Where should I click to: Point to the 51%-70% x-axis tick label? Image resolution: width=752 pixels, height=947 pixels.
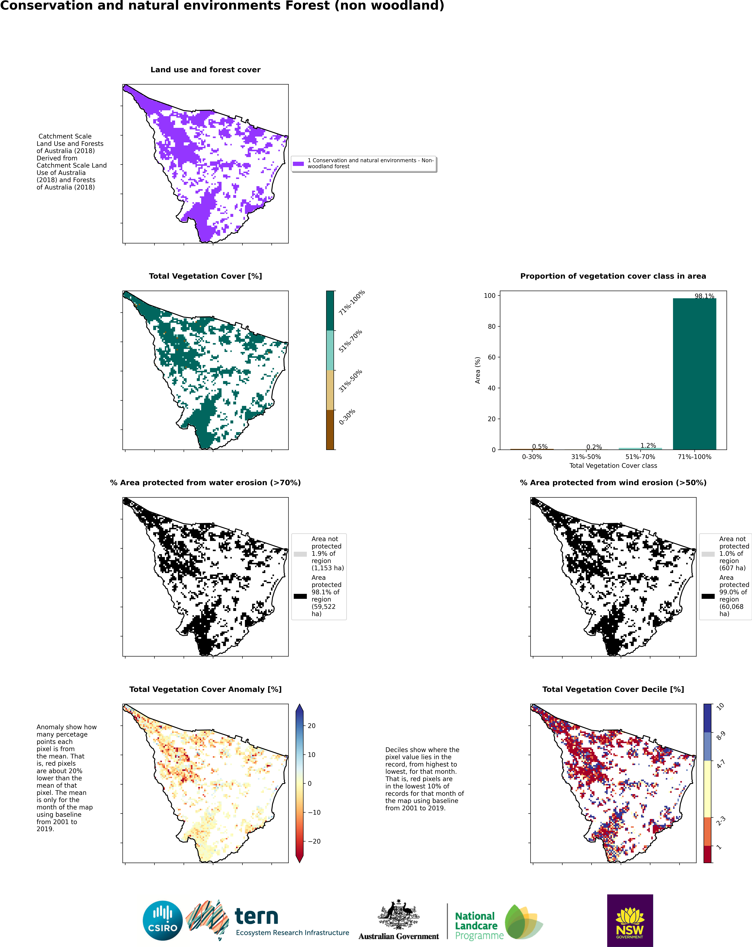tap(640, 457)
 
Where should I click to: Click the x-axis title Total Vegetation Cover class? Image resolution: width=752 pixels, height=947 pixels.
tap(613, 466)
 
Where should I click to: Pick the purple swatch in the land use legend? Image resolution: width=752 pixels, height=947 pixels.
tap(298, 164)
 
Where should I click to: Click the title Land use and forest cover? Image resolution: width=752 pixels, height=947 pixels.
tap(205, 70)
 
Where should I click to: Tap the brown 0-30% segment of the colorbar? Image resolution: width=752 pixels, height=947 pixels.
tap(330, 430)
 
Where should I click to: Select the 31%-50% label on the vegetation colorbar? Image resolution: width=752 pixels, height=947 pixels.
tap(350, 381)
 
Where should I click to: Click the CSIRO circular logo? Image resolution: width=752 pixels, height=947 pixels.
tap(162, 921)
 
